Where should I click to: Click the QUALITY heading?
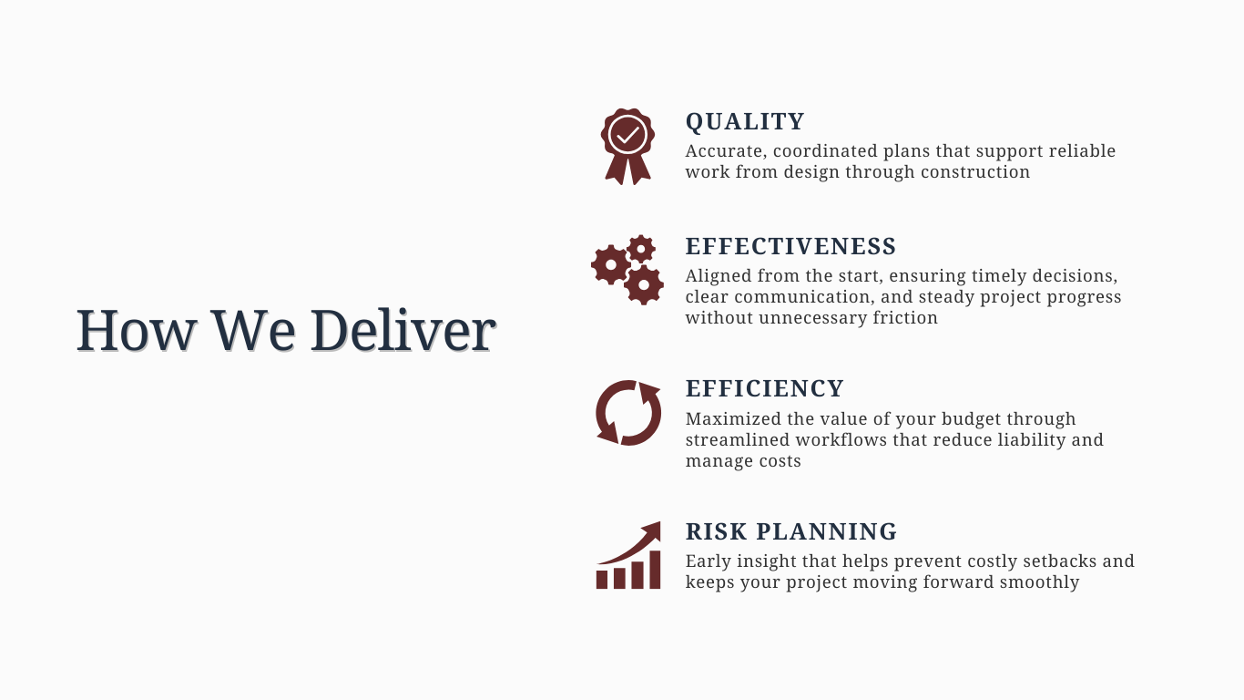(745, 122)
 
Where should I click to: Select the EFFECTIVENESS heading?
(790, 246)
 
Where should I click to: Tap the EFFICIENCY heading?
(765, 388)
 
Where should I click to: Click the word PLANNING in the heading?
(826, 531)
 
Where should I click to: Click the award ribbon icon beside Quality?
(627, 146)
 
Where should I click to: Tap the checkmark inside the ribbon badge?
(627, 135)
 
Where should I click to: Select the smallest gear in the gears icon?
(641, 249)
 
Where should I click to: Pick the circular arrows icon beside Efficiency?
(628, 413)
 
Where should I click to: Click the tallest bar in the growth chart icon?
(655, 570)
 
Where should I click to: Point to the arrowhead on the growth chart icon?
(651, 530)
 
